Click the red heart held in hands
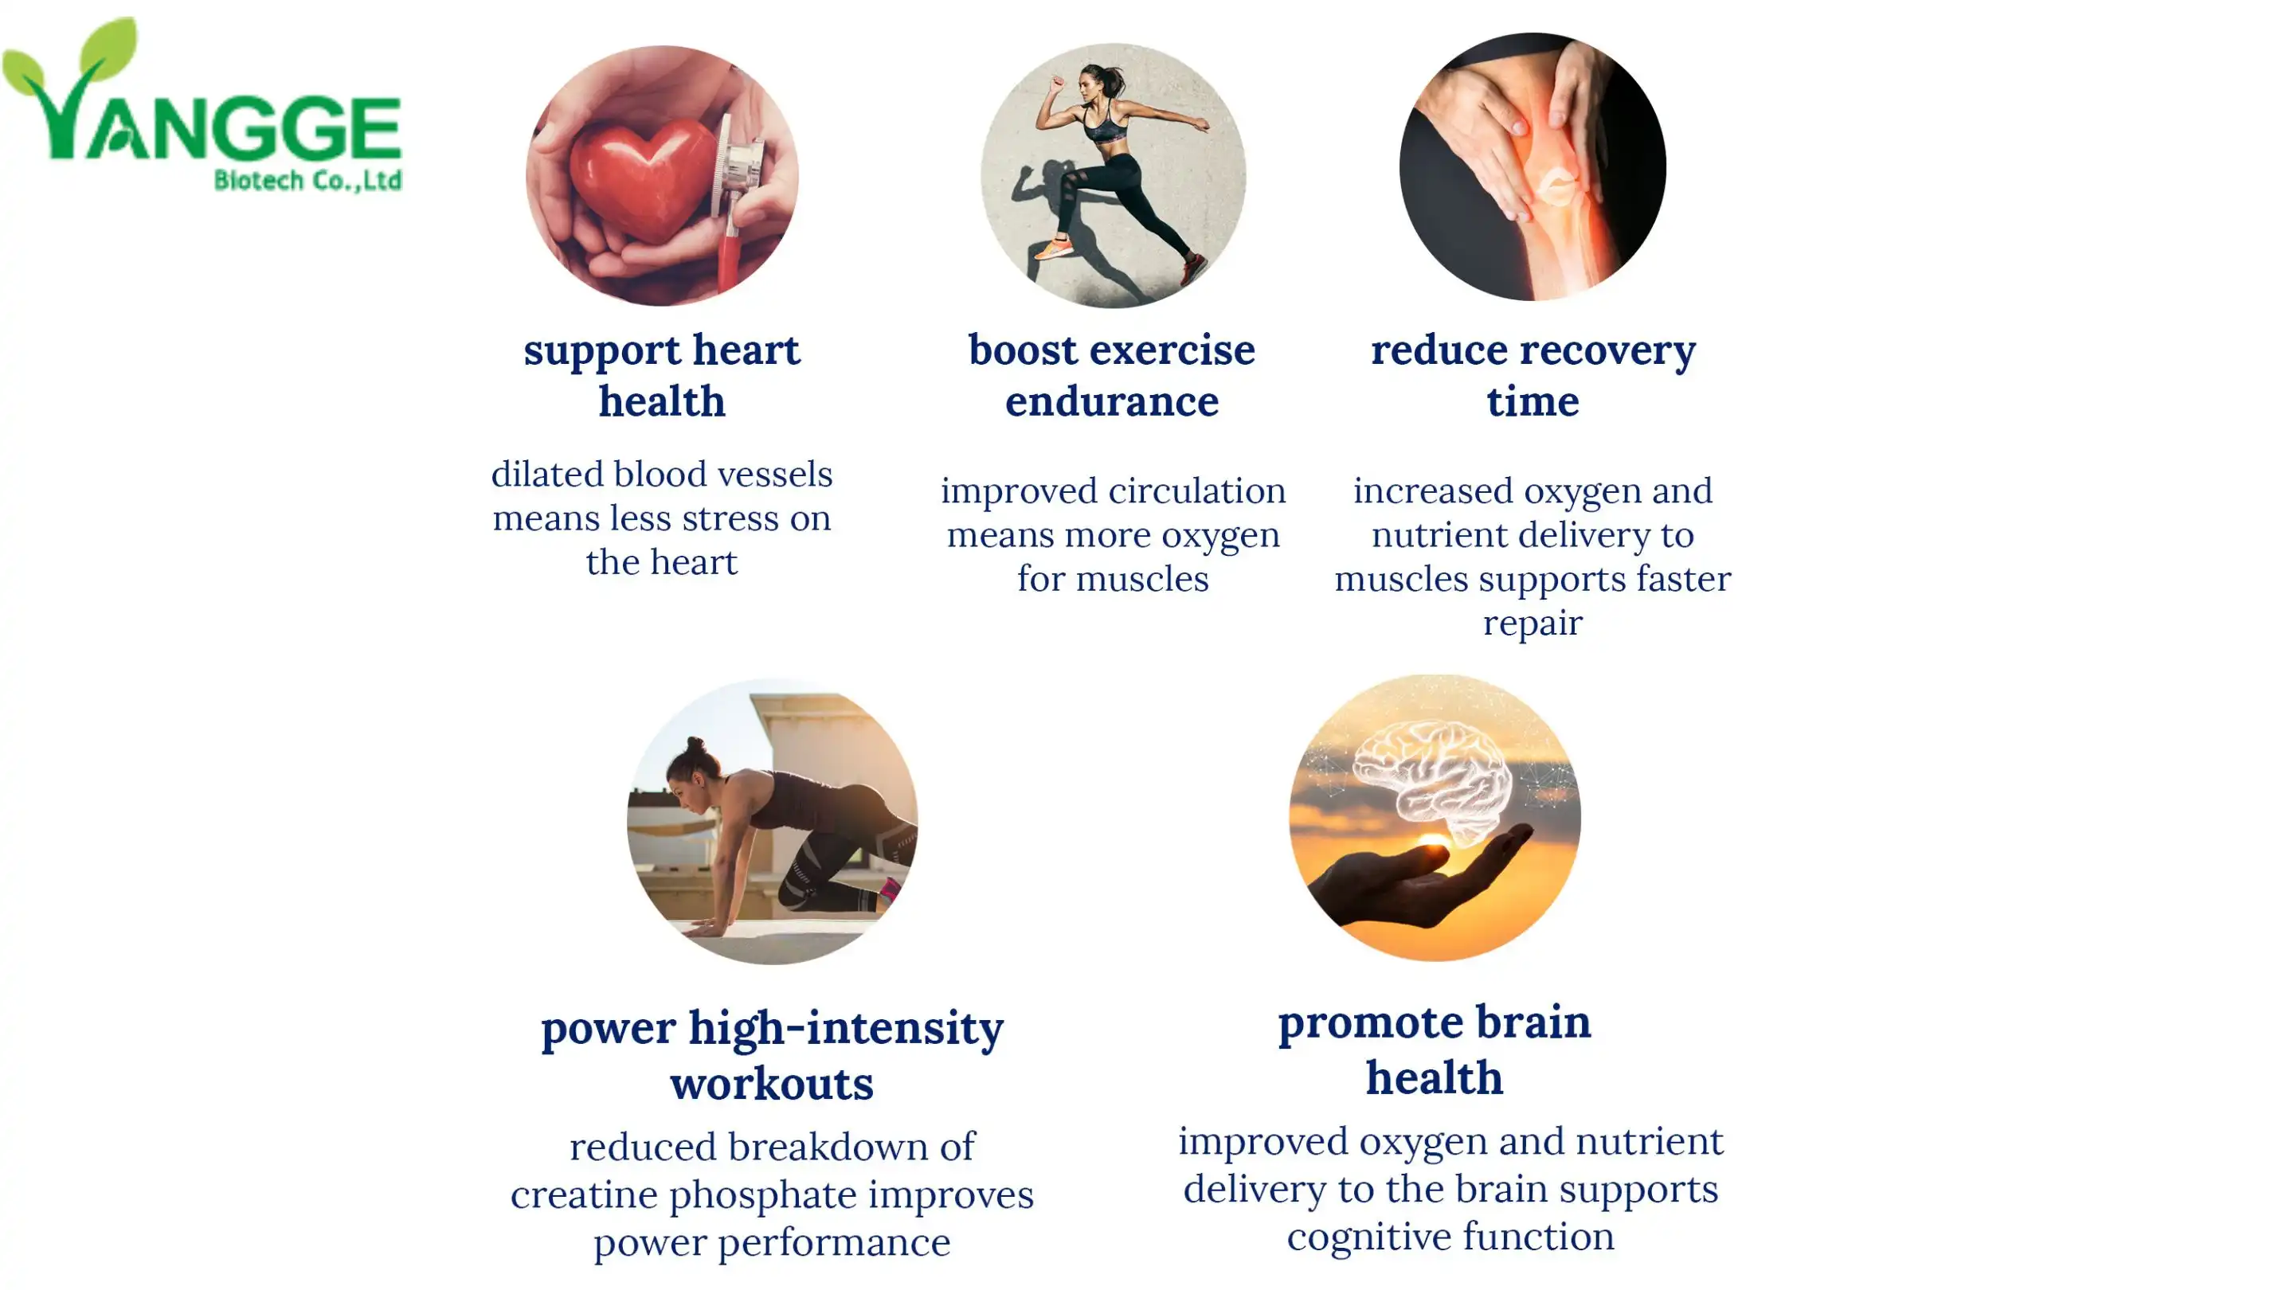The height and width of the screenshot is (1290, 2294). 644,178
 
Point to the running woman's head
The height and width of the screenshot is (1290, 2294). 1093,82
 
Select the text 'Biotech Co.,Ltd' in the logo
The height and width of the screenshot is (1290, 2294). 308,180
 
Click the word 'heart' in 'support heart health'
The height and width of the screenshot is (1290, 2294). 746,350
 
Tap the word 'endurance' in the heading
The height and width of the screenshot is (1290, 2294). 1112,401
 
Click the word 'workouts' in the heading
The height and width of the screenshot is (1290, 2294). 772,1084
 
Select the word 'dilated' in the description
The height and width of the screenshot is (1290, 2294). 546,474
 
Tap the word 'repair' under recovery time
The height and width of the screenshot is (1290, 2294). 1533,624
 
